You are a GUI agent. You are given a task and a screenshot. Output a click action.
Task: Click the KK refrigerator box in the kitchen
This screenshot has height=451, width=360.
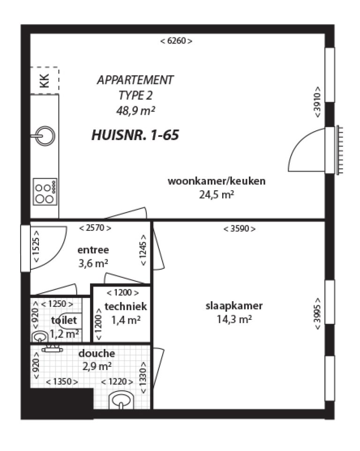[x=45, y=80]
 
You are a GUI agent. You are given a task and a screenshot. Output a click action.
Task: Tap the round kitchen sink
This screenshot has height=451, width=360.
[x=46, y=136]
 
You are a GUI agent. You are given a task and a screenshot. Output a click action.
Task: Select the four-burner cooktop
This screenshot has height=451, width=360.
[x=45, y=191]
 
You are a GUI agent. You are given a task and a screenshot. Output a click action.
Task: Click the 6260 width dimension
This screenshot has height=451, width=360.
[x=176, y=41]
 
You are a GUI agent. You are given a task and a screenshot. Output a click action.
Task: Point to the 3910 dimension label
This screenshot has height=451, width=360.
[x=318, y=102]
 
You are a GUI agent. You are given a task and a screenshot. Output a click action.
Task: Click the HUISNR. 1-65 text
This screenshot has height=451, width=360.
[x=135, y=136]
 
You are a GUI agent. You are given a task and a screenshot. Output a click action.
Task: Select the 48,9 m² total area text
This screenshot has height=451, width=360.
[x=135, y=111]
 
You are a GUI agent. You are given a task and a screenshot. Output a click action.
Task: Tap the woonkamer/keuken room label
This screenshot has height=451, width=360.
[x=216, y=181]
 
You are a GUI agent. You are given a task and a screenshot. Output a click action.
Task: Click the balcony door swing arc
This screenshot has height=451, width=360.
[x=305, y=150]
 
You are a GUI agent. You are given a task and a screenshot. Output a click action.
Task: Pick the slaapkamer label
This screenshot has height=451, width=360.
[x=234, y=306]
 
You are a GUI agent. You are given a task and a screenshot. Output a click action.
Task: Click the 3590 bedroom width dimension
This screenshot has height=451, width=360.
[x=239, y=229]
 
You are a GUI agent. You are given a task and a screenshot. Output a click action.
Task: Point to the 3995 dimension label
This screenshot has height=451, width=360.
[x=318, y=314]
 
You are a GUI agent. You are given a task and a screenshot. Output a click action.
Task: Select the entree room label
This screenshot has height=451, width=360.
[x=93, y=250]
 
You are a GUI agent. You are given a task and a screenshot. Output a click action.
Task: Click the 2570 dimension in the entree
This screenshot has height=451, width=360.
[x=95, y=228]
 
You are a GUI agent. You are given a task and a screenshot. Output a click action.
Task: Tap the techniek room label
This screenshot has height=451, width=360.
[x=126, y=307]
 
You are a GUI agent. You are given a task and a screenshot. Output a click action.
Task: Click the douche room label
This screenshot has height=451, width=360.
[x=97, y=354]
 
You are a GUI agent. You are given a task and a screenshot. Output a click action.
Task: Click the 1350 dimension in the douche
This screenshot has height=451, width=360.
[x=62, y=382]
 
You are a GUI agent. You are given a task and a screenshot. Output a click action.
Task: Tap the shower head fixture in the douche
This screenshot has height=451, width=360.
[x=52, y=348]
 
